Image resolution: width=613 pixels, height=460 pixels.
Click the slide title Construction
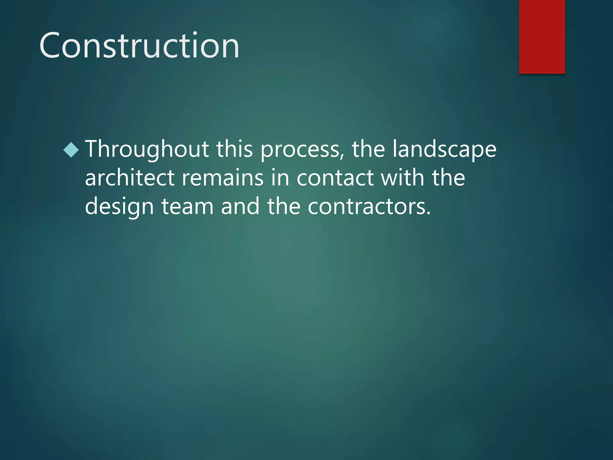pos(139,46)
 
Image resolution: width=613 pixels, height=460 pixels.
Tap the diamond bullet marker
pos(71,150)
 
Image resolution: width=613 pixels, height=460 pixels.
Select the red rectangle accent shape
pos(542,37)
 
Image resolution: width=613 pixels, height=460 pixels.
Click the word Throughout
pos(147,150)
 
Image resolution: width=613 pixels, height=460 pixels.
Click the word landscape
pos(444,150)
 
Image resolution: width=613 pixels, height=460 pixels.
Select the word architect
pos(130,178)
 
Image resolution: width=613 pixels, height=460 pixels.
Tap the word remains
pos(223,178)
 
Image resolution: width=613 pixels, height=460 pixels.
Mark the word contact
pos(335,178)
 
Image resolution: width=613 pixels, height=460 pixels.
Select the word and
pos(240,206)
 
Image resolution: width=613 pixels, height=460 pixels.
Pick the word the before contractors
pos(284,206)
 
